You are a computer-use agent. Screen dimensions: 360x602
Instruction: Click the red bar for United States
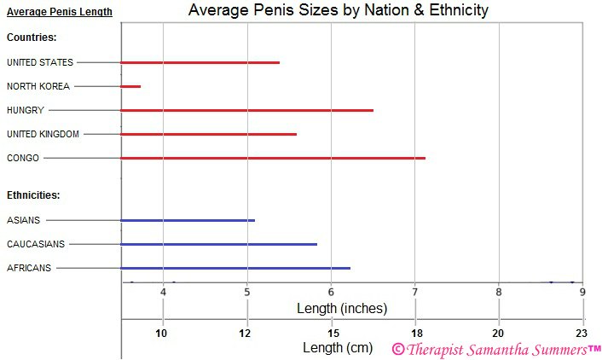click(x=200, y=62)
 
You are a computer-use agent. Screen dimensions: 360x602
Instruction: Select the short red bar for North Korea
click(x=131, y=86)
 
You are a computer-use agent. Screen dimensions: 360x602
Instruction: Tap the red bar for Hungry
click(x=247, y=110)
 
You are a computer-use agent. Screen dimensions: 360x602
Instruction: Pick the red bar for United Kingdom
click(x=209, y=134)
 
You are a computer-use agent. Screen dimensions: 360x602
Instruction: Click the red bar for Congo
click(x=273, y=158)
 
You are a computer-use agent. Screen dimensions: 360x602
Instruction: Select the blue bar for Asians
click(x=188, y=220)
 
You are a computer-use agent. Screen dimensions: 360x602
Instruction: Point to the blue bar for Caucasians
click(x=219, y=244)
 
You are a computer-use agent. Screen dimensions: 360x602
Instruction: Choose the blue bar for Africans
click(x=236, y=268)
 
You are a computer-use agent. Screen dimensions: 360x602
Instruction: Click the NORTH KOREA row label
click(x=38, y=86)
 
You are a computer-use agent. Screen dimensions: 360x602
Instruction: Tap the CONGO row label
click(x=23, y=158)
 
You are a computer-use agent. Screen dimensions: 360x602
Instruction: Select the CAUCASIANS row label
click(x=36, y=244)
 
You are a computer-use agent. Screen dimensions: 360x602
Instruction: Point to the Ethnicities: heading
click(x=33, y=195)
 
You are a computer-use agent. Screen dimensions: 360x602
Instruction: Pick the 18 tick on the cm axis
click(x=416, y=333)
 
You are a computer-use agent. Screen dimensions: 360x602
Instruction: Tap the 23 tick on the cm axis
click(x=582, y=333)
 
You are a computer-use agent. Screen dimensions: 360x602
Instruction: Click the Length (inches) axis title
click(x=341, y=308)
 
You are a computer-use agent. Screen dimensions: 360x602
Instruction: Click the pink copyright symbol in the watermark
click(x=397, y=349)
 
